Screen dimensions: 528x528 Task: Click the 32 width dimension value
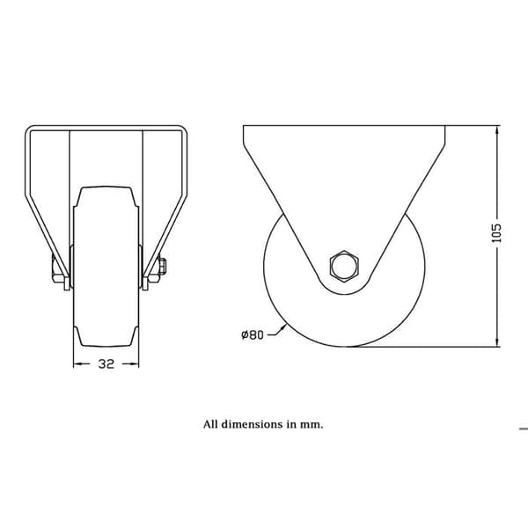tap(106, 364)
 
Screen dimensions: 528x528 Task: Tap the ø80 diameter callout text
tap(253, 334)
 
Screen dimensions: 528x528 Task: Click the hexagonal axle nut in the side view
tap(344, 266)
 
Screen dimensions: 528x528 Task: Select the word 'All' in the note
tap(210, 424)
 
